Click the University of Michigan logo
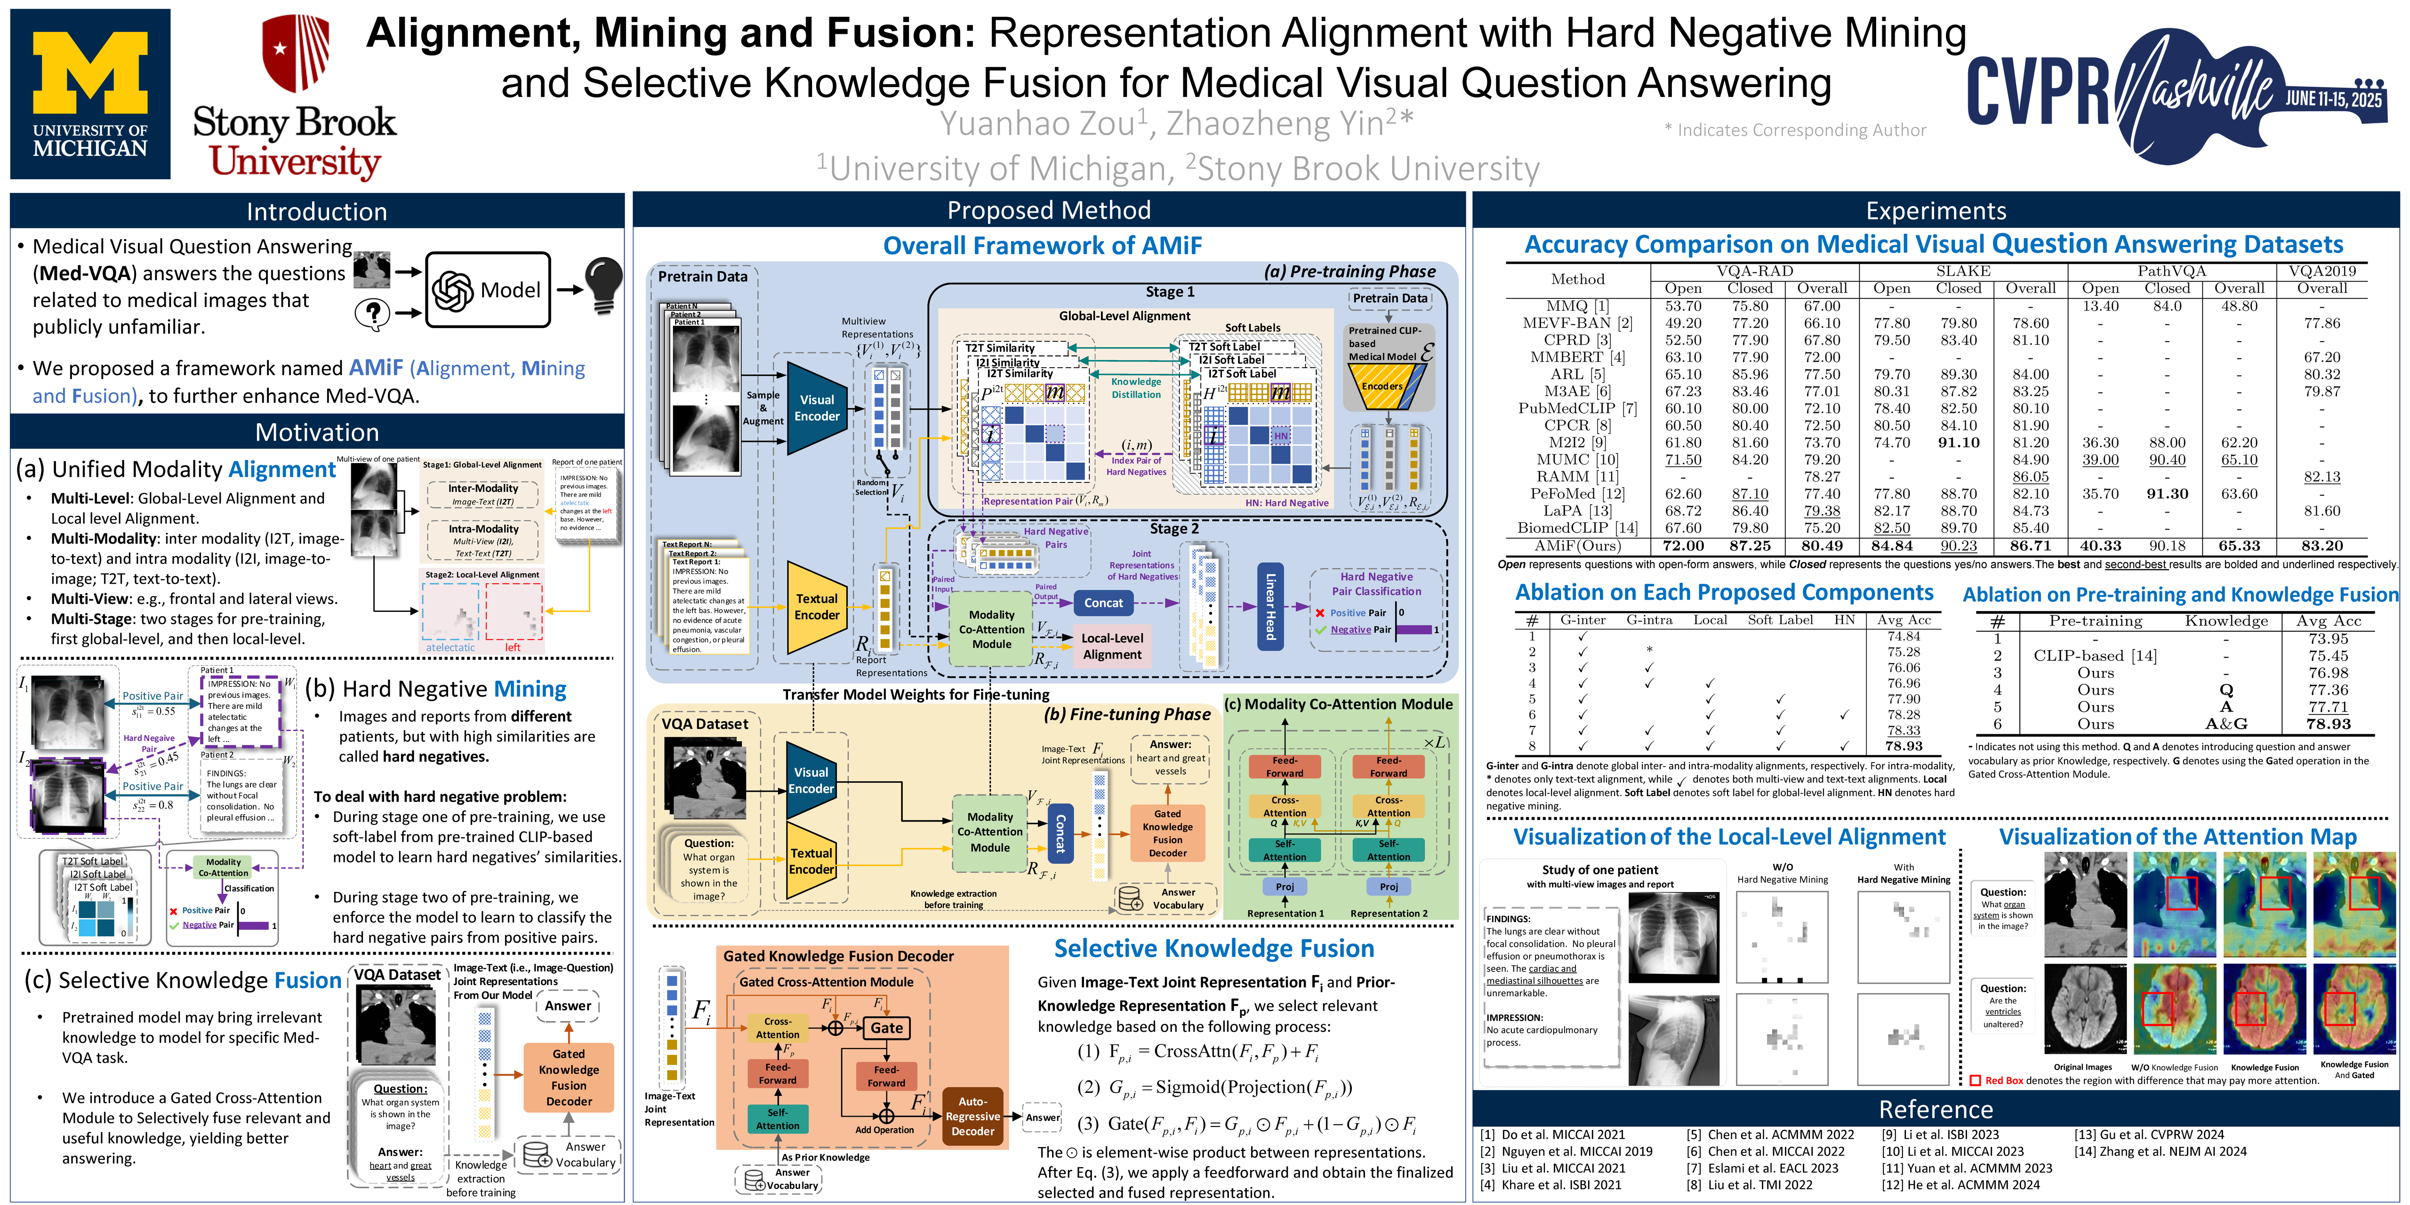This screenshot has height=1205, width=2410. [90, 94]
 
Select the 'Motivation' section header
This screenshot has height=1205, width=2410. [317, 432]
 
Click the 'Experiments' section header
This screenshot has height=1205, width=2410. [1936, 210]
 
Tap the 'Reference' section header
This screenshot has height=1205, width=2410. [1936, 1109]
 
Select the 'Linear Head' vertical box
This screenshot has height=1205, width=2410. [1269, 606]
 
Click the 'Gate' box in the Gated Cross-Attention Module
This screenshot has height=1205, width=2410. [886, 1027]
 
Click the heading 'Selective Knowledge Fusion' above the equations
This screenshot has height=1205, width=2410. [1213, 948]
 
